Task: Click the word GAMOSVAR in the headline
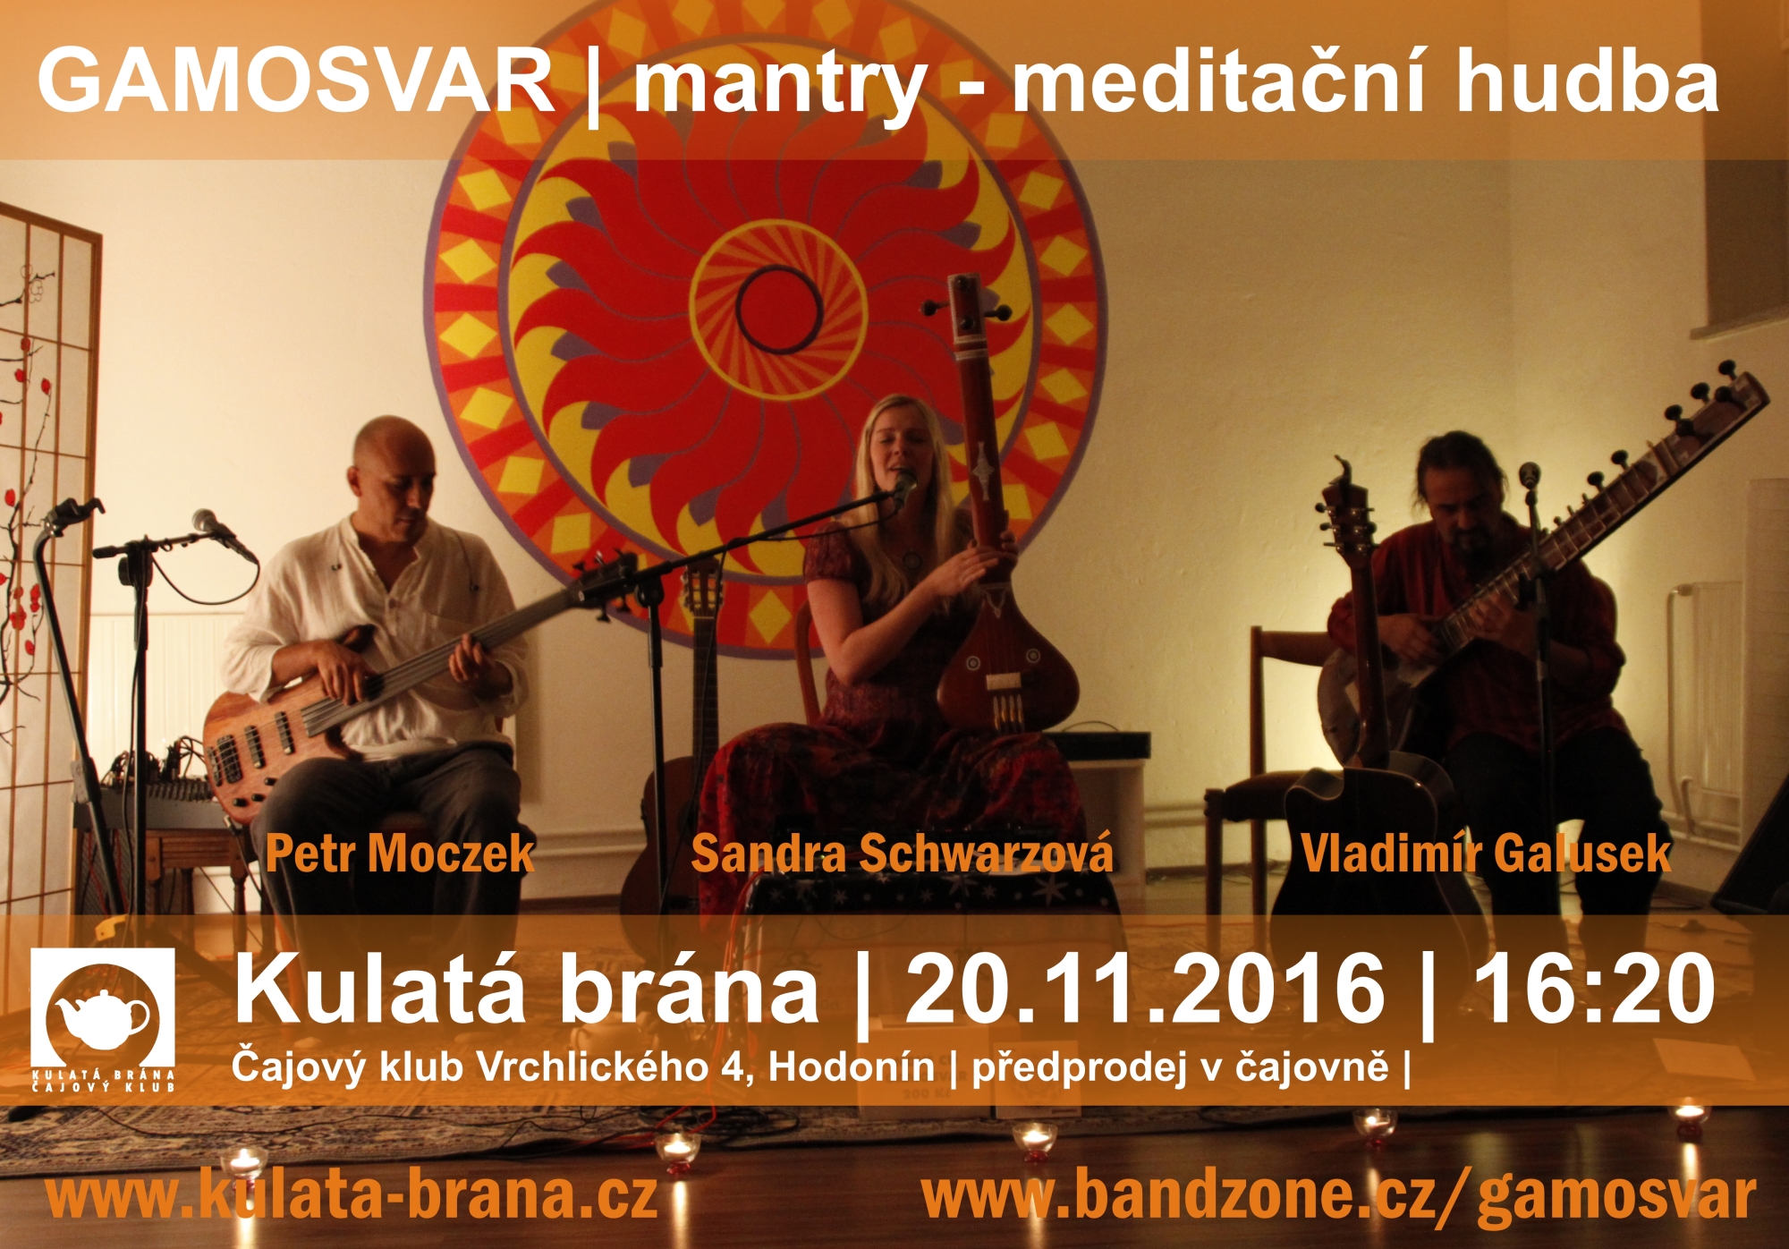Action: pos(296,80)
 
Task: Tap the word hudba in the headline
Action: pos(1587,80)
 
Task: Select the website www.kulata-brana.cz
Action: pos(352,1196)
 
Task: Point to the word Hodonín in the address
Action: pos(851,1066)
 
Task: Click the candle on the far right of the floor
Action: pos(1689,1117)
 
